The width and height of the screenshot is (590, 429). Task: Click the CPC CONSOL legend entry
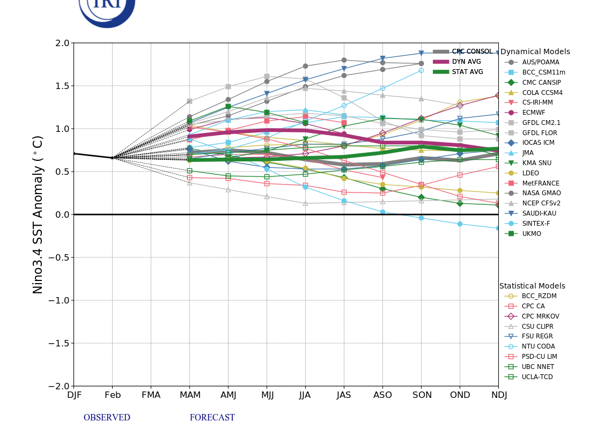coord(471,51)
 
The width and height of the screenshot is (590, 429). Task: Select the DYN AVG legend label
coord(466,62)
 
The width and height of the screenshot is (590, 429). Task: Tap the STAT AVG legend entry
coord(467,72)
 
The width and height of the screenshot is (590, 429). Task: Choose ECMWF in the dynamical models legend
coord(534,113)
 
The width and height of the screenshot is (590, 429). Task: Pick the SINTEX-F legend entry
coord(536,224)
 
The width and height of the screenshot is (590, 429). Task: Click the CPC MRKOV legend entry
coord(541,316)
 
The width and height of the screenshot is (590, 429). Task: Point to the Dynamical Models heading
coord(535,52)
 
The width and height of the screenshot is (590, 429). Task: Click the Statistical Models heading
coord(532,286)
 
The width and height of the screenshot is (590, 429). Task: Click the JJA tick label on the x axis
coord(305,395)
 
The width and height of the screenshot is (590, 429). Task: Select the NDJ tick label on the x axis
coord(498,395)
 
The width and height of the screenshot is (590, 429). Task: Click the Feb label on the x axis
coord(112,395)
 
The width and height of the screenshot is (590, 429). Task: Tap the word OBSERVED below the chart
coord(107,418)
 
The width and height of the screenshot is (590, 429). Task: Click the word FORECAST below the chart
coord(212,418)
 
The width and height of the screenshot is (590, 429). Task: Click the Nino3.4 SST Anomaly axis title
coord(38,214)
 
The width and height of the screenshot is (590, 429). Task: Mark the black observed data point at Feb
coord(112,158)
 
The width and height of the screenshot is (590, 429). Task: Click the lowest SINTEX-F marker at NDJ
coord(498,228)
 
